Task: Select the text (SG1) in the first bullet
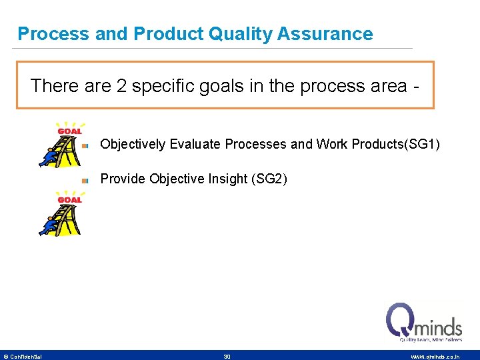click(422, 144)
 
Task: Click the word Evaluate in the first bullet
click(196, 144)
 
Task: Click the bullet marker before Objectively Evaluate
click(85, 145)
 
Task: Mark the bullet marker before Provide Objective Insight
click(85, 179)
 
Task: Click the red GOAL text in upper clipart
click(69, 131)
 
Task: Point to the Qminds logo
click(424, 321)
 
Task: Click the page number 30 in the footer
click(227, 357)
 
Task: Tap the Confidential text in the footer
click(25, 357)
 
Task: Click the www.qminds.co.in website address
click(435, 357)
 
